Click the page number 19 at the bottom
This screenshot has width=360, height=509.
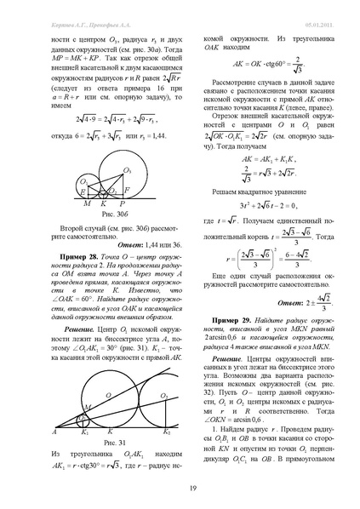click(180, 485)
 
